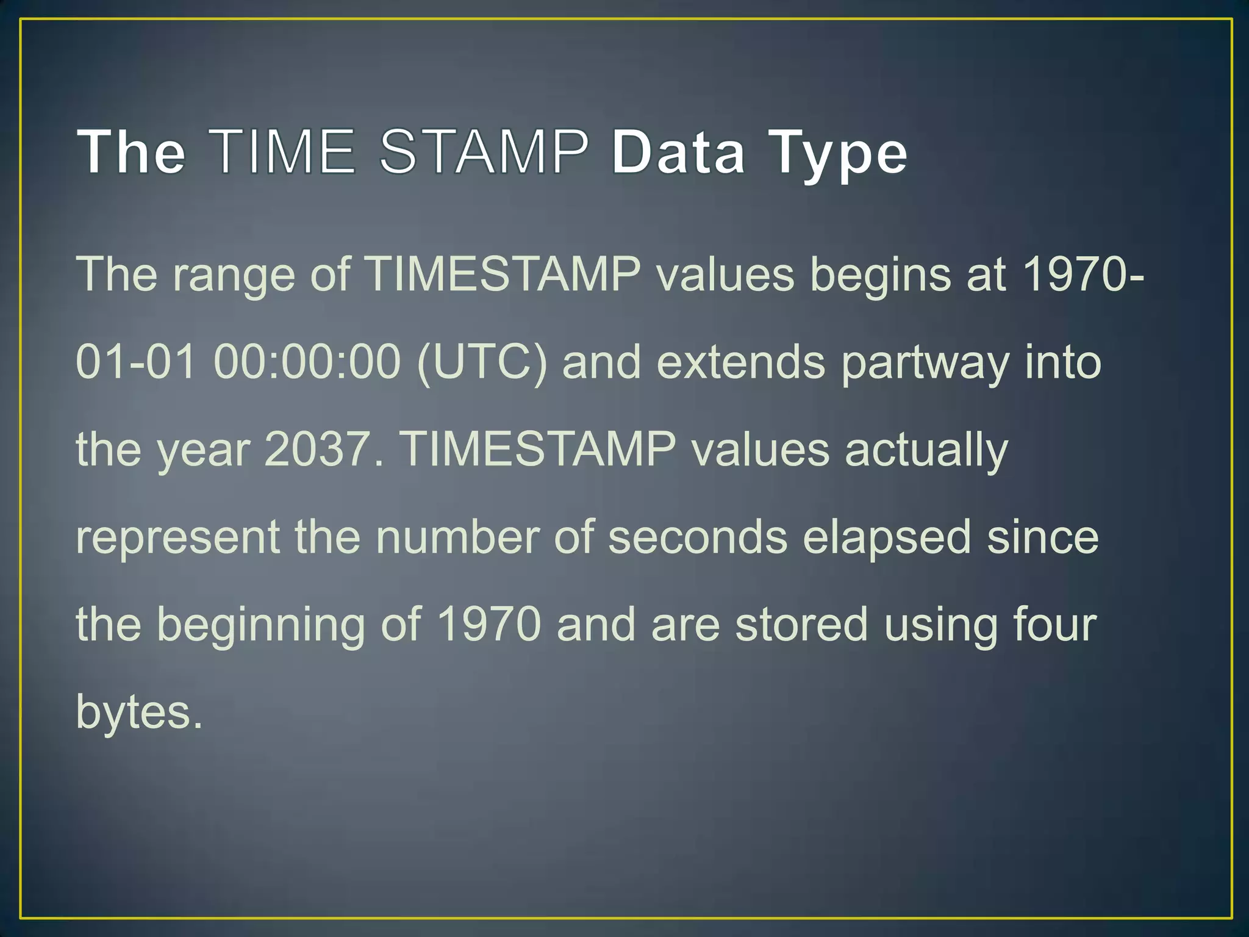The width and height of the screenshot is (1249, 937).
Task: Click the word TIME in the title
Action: coord(284,151)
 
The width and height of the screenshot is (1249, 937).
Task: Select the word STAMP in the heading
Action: coord(485,151)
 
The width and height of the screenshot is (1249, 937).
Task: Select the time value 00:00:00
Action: coord(307,362)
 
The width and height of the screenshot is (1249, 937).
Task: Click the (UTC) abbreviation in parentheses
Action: coord(482,362)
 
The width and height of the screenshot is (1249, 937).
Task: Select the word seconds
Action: coord(698,537)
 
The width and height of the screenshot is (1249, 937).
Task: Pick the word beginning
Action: coord(260,625)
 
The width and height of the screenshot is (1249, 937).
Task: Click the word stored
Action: coord(801,624)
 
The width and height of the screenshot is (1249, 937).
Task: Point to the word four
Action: coord(1054,624)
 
